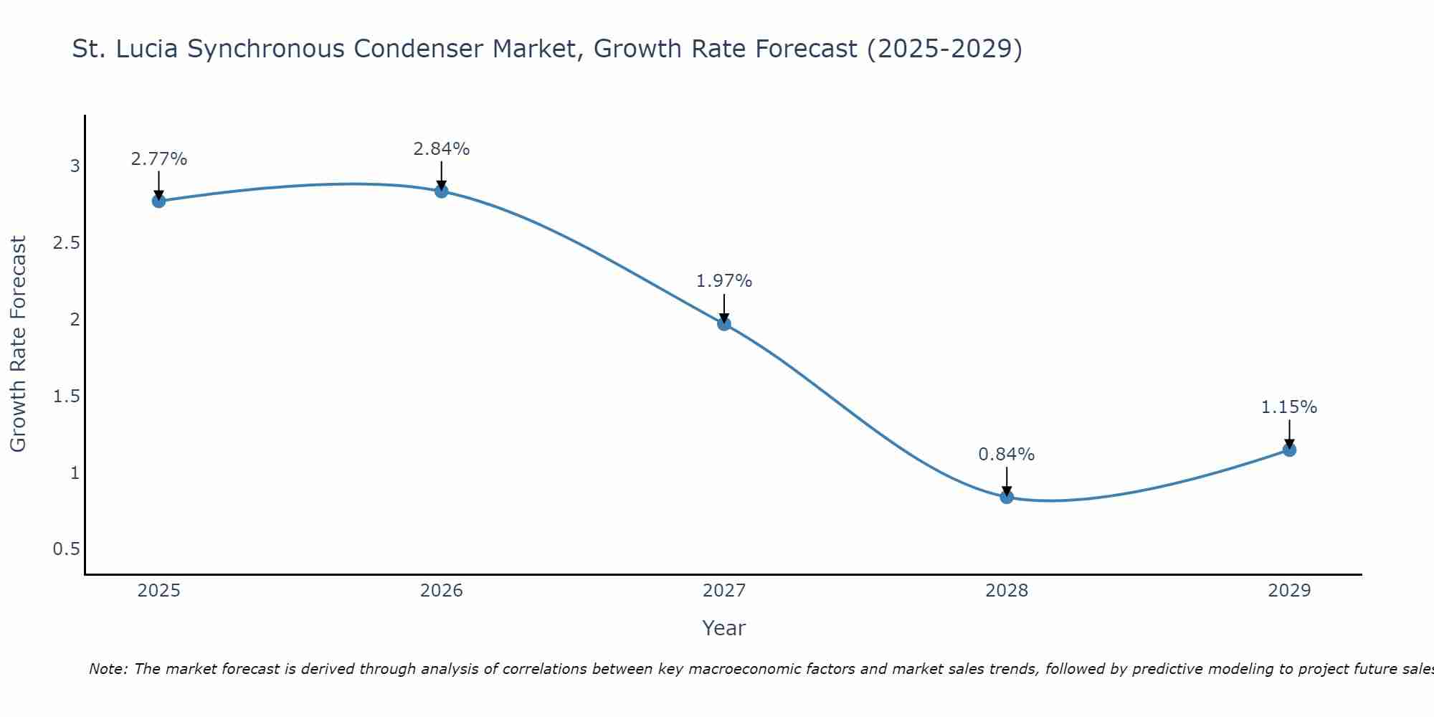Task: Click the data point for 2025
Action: pos(159,201)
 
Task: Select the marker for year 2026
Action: pos(442,191)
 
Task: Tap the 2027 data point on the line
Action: pos(724,323)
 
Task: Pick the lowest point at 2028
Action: pos(1007,497)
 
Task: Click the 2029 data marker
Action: pos(1289,450)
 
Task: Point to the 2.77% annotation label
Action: pos(159,159)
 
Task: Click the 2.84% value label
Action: pos(442,149)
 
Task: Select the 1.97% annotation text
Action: pos(724,281)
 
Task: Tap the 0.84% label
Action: pos(1007,455)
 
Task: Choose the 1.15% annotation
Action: pos(1289,407)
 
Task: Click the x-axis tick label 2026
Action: pos(442,591)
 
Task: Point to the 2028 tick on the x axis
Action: pos(1007,591)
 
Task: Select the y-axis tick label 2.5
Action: pos(66,243)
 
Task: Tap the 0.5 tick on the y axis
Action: pos(66,549)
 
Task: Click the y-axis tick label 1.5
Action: pos(66,397)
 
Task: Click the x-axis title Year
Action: pos(724,628)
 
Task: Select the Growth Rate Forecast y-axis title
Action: pos(19,344)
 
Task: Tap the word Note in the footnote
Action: pos(108,669)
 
